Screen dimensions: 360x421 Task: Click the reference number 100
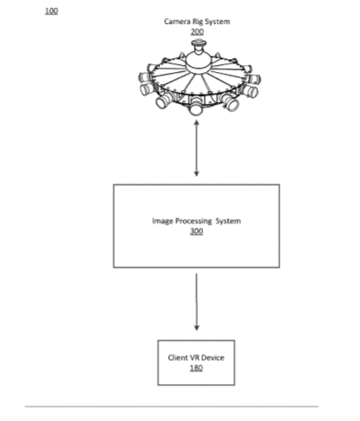coord(51,11)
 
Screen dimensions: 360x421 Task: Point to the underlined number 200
coord(197,32)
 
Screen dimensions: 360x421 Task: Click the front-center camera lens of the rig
coord(196,110)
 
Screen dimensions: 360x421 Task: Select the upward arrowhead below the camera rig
coord(196,123)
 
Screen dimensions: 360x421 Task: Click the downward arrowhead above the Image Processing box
coord(196,173)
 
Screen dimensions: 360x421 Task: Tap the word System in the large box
coord(228,221)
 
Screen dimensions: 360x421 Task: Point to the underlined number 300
coord(196,232)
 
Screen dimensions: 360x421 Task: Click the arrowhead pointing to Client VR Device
coord(196,328)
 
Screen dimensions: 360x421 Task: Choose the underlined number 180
coord(196,368)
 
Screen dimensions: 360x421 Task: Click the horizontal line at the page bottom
coord(171,406)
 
